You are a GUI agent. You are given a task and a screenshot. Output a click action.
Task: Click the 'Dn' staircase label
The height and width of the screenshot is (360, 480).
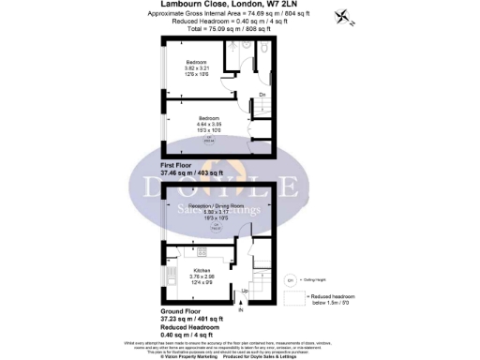tap(262, 96)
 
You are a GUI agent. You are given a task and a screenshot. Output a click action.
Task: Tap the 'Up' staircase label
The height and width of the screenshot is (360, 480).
tap(246, 292)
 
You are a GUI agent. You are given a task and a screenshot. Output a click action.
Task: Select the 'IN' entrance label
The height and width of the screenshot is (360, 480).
tap(240, 309)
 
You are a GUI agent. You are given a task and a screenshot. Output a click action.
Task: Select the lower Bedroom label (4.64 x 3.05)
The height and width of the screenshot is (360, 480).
tap(208, 117)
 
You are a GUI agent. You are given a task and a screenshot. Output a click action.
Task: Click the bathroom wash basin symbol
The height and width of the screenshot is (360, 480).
tap(245, 47)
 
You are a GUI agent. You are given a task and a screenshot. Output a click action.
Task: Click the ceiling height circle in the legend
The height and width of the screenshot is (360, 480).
tap(290, 279)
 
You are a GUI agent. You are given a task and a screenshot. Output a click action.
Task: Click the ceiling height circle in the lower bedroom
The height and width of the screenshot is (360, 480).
tap(209, 140)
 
